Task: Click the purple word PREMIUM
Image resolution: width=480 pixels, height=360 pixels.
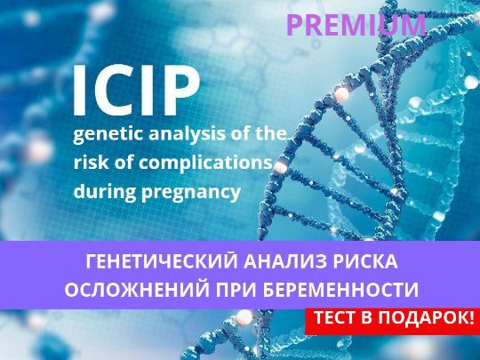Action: pyautogui.click(x=356, y=26)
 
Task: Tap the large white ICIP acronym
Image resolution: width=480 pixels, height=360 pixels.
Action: pyautogui.click(x=137, y=91)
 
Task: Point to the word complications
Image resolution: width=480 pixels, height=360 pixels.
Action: pyautogui.click(x=205, y=163)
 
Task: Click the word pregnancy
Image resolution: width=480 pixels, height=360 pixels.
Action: pyautogui.click(x=191, y=193)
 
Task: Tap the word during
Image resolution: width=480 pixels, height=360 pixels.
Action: pyautogui.click(x=104, y=191)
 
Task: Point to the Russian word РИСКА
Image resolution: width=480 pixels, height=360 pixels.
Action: pyautogui.click(x=366, y=261)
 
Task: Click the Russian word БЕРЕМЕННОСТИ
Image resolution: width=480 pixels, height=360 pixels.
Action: pyautogui.click(x=340, y=289)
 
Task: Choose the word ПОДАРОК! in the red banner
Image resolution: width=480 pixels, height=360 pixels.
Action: pyautogui.click(x=426, y=317)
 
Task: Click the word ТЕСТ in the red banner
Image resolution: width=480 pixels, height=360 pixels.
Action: pyautogui.click(x=336, y=317)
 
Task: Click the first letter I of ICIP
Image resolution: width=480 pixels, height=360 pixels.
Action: pyautogui.click(x=79, y=91)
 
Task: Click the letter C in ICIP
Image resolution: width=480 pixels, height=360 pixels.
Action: pyautogui.click(x=116, y=91)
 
